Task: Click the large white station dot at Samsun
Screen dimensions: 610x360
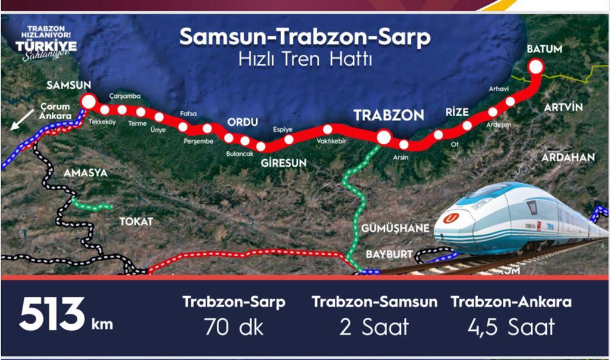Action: [88, 101]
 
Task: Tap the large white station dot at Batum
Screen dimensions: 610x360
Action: [536, 67]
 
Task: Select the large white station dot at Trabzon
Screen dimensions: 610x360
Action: [384, 138]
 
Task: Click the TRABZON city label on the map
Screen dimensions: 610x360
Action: [388, 115]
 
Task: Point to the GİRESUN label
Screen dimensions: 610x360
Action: [284, 162]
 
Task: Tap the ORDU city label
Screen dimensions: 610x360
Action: [242, 122]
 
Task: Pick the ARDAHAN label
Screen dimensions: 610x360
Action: [568, 157]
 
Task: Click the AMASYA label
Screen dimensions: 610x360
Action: [85, 173]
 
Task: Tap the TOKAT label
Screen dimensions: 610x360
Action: [136, 221]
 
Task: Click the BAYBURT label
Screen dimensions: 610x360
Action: [389, 254]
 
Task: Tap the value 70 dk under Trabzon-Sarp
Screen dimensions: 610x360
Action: [234, 327]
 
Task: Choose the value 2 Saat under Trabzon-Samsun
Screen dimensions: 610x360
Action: [374, 327]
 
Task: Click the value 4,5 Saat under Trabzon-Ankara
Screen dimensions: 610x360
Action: [511, 327]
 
